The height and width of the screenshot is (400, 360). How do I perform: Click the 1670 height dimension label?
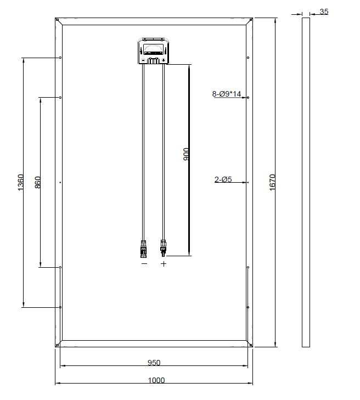[273, 182]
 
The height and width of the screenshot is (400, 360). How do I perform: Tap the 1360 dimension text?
[21, 182]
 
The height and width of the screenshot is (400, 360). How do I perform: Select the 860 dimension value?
[37, 182]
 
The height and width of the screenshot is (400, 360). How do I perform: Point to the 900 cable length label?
[186, 154]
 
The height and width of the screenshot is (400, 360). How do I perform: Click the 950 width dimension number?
[154, 363]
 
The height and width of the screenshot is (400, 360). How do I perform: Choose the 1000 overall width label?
[156, 380]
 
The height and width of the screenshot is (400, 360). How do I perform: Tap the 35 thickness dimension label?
[324, 12]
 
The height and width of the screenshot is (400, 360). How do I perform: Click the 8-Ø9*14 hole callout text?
[227, 94]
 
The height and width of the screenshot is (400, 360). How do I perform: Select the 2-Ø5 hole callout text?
[223, 179]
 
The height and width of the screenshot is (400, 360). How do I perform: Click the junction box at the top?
[154, 51]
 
